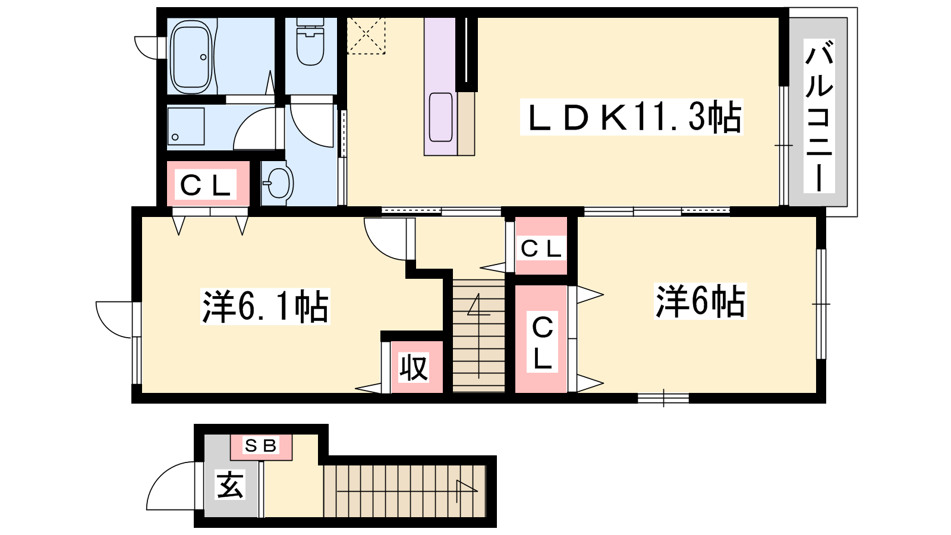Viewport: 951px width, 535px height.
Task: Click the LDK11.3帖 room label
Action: pyautogui.click(x=632, y=117)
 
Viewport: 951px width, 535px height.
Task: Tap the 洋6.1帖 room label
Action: pyautogui.click(x=265, y=306)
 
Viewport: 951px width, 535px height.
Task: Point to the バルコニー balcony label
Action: pyautogui.click(x=819, y=115)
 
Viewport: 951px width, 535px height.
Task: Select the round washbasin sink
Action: pyautogui.click(x=279, y=183)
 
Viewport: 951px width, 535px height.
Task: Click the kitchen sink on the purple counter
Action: pyautogui.click(x=440, y=117)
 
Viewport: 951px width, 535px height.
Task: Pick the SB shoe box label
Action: pyautogui.click(x=261, y=446)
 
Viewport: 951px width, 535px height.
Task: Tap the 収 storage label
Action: pyautogui.click(x=414, y=368)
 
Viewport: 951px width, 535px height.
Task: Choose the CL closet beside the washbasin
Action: pyautogui.click(x=207, y=185)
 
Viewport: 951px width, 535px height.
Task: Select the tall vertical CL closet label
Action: pyautogui.click(x=542, y=342)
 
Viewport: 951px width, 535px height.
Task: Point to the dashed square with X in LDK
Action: pyautogui.click(x=366, y=36)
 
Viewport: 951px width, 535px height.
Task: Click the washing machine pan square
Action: pyautogui.click(x=186, y=127)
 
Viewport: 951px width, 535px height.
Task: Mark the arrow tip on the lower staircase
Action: pyautogui.click(x=478, y=491)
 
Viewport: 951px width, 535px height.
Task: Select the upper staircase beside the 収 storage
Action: pyautogui.click(x=478, y=335)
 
